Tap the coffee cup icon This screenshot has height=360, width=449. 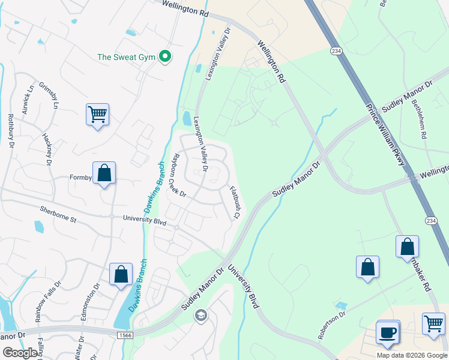[388, 332]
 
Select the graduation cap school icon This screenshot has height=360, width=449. [201, 315]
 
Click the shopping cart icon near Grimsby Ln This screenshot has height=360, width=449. [97, 113]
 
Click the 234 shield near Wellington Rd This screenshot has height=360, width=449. [335, 52]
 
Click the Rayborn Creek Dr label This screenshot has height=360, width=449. [179, 175]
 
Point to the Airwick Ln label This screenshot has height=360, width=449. [26, 100]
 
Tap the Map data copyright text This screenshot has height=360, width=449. [412, 355]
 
